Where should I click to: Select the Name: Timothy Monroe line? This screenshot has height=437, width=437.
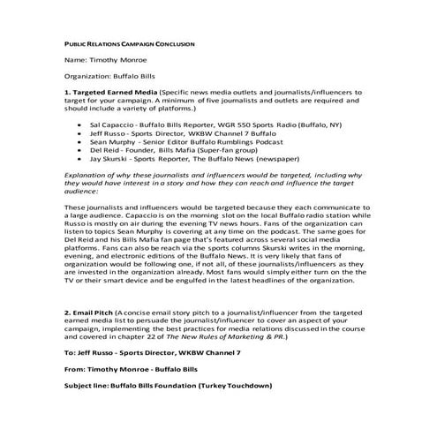point(104,60)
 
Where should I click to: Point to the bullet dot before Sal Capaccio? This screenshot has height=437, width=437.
point(81,126)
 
